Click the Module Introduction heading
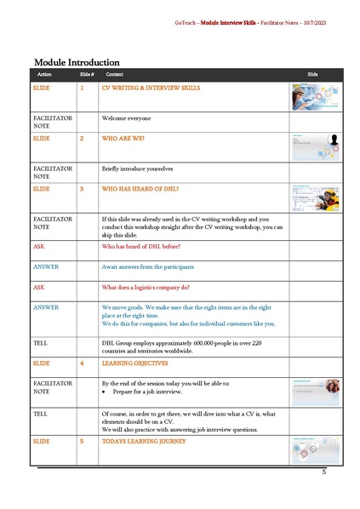pos(77,62)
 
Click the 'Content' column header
pos(114,75)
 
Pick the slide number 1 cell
pos(82,88)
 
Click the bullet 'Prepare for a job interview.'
pos(149,392)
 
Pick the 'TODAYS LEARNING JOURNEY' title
pos(143,442)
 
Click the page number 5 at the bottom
pos(324,472)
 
